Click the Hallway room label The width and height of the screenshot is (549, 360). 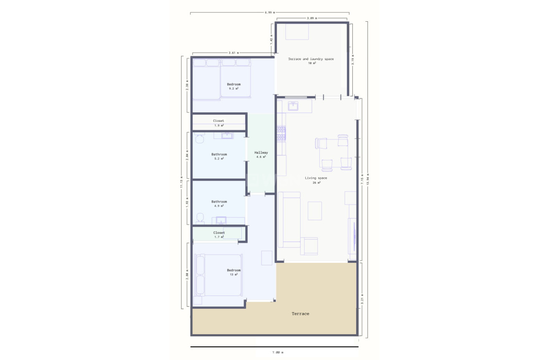coord(261,153)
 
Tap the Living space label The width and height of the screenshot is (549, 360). coord(316,178)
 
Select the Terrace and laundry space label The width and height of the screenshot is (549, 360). coord(311,59)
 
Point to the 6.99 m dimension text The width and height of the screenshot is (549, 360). coord(270,13)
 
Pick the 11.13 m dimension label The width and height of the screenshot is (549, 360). coord(182,182)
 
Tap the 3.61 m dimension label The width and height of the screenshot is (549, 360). coord(234,53)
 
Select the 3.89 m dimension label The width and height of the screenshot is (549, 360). coord(312,18)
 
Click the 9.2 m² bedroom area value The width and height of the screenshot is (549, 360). coord(234,88)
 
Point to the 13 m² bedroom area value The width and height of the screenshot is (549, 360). coord(234,274)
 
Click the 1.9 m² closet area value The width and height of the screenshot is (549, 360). coord(219,125)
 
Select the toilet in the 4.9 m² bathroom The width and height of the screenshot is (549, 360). coord(200,218)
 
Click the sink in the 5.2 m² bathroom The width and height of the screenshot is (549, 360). coord(227,136)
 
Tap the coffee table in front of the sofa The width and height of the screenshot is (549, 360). coord(315,211)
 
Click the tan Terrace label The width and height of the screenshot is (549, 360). coord(301,314)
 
